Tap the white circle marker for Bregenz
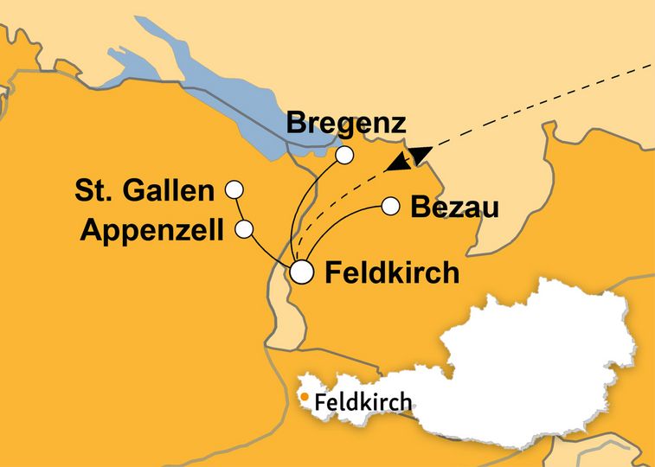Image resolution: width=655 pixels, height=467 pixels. [x=345, y=155]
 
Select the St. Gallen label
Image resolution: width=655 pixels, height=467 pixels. [x=144, y=191]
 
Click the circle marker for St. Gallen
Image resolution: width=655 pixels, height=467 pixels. [x=233, y=189]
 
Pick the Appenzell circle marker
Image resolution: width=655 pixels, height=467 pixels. [x=244, y=229]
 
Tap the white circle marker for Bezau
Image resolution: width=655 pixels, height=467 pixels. [x=390, y=206]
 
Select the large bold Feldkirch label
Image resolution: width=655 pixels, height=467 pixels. [x=390, y=273]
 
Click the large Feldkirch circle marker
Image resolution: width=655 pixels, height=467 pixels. [x=301, y=272]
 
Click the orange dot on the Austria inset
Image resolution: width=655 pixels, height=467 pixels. [x=305, y=398]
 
